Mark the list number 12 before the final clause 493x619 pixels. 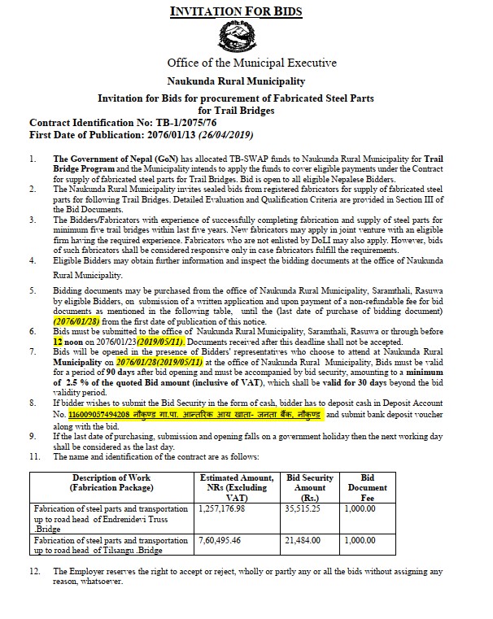(35, 572)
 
